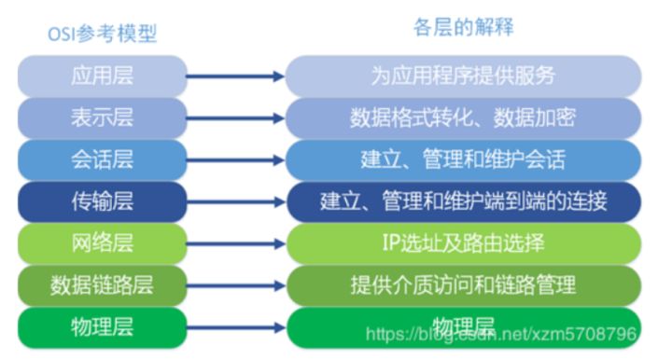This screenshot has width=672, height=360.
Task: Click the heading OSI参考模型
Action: (x=103, y=35)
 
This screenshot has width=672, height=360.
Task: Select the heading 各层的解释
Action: (x=464, y=27)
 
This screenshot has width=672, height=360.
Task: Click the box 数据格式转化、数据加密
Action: (x=463, y=118)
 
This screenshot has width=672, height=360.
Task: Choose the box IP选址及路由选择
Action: (x=463, y=243)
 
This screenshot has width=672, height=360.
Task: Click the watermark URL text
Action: (x=500, y=333)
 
